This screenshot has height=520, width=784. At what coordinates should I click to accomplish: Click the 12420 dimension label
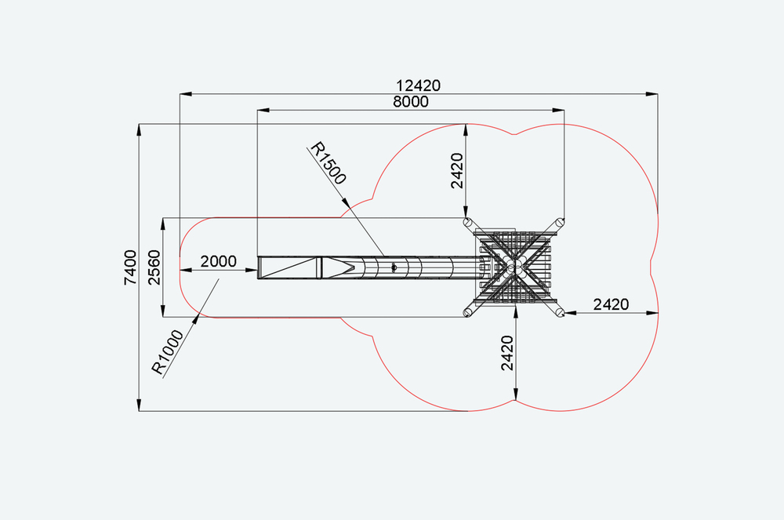tap(419, 85)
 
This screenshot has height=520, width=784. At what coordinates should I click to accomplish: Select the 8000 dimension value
tap(411, 101)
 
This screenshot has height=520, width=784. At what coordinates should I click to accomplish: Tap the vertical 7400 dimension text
tap(130, 267)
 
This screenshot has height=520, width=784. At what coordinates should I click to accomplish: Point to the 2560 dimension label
tap(154, 267)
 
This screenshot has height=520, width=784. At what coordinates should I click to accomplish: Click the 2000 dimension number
tap(219, 261)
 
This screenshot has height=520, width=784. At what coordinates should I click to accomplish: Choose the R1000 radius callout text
tap(168, 352)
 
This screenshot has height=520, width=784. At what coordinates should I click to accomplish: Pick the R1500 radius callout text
tap(328, 163)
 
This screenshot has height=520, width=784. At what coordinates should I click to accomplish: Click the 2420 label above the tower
tap(457, 171)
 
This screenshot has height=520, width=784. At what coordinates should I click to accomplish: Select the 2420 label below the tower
tap(507, 353)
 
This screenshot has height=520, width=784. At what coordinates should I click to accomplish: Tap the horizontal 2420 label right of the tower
tap(611, 304)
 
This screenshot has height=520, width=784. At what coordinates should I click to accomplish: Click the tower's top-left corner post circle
tap(467, 222)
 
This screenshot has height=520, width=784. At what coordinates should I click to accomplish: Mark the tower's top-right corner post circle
tap(561, 222)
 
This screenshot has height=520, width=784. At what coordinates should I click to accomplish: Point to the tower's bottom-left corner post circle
tap(467, 313)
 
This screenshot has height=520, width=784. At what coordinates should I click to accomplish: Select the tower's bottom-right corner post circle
tap(561, 313)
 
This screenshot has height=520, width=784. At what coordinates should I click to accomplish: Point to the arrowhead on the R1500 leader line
tap(346, 202)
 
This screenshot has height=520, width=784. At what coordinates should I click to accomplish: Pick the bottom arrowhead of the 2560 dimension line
tap(163, 311)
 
